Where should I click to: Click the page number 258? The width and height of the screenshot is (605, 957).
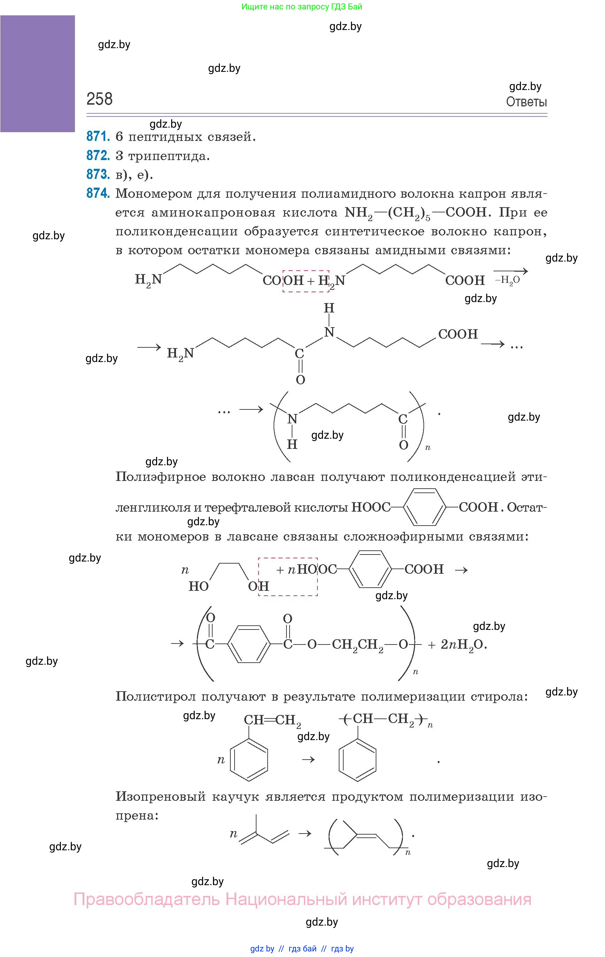pyautogui.click(x=99, y=99)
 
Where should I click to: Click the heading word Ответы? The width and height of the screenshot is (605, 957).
pyautogui.click(x=526, y=102)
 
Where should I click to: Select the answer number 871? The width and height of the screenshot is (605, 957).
pyautogui.click(x=98, y=136)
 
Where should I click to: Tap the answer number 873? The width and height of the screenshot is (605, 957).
pyautogui.click(x=98, y=174)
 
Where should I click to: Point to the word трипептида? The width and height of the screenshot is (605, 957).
pyautogui.click(x=169, y=156)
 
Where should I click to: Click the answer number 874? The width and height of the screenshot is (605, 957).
pyautogui.click(x=98, y=193)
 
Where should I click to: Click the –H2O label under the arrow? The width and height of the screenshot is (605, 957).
pyautogui.click(x=507, y=280)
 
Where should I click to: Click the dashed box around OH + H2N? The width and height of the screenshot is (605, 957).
pyautogui.click(x=306, y=281)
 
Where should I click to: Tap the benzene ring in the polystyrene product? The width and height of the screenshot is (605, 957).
pyautogui.click(x=357, y=760)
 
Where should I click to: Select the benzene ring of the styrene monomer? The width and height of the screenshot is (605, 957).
pyautogui.click(x=249, y=760)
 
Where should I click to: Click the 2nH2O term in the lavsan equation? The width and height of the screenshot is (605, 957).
pyautogui.click(x=462, y=644)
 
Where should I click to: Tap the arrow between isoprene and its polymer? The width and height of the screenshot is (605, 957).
pyautogui.click(x=305, y=834)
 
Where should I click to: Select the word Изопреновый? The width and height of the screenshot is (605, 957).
pyautogui.click(x=160, y=797)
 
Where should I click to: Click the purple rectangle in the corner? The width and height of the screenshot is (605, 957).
pyautogui.click(x=37, y=74)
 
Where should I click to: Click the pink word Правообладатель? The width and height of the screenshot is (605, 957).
pyautogui.click(x=147, y=899)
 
